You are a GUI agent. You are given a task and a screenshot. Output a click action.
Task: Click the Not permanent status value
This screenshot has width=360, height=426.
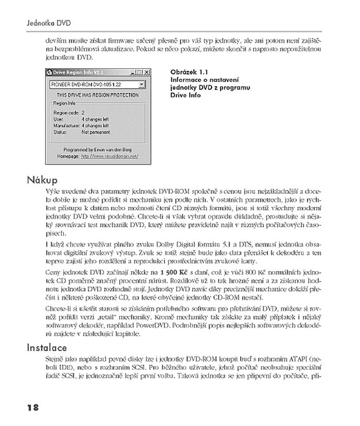96,131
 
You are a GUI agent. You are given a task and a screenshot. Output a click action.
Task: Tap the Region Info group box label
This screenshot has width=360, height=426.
65,104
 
